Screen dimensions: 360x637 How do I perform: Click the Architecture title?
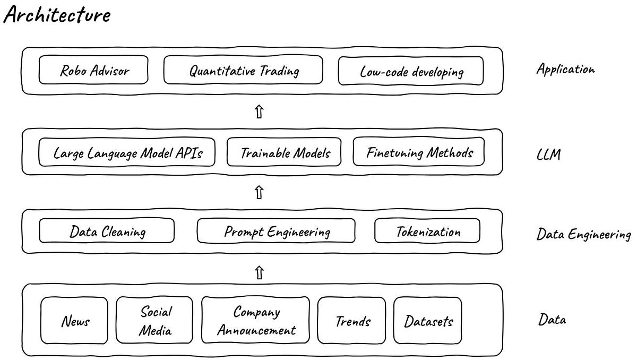(57, 15)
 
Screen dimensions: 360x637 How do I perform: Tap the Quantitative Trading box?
(243, 71)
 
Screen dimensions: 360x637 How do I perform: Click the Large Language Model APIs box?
(127, 153)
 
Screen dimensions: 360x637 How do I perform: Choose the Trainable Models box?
(286, 153)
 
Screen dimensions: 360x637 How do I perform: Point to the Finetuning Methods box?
(419, 153)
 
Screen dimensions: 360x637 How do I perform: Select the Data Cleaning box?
(107, 232)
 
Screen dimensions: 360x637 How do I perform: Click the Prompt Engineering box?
(276, 232)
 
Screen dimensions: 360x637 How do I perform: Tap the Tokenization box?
(427, 232)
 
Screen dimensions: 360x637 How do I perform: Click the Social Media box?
(156, 321)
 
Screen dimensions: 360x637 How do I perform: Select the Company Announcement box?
(255, 321)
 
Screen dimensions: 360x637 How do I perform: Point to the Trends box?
(352, 321)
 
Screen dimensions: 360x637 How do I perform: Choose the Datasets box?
(428, 321)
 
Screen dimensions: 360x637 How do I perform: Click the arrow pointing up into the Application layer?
(259, 112)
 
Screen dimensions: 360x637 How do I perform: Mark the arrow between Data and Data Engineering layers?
(259, 273)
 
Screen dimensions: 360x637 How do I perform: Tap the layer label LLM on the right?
(549, 156)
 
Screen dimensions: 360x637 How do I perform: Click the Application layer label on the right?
(565, 69)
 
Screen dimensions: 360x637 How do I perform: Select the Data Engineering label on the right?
(583, 234)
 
